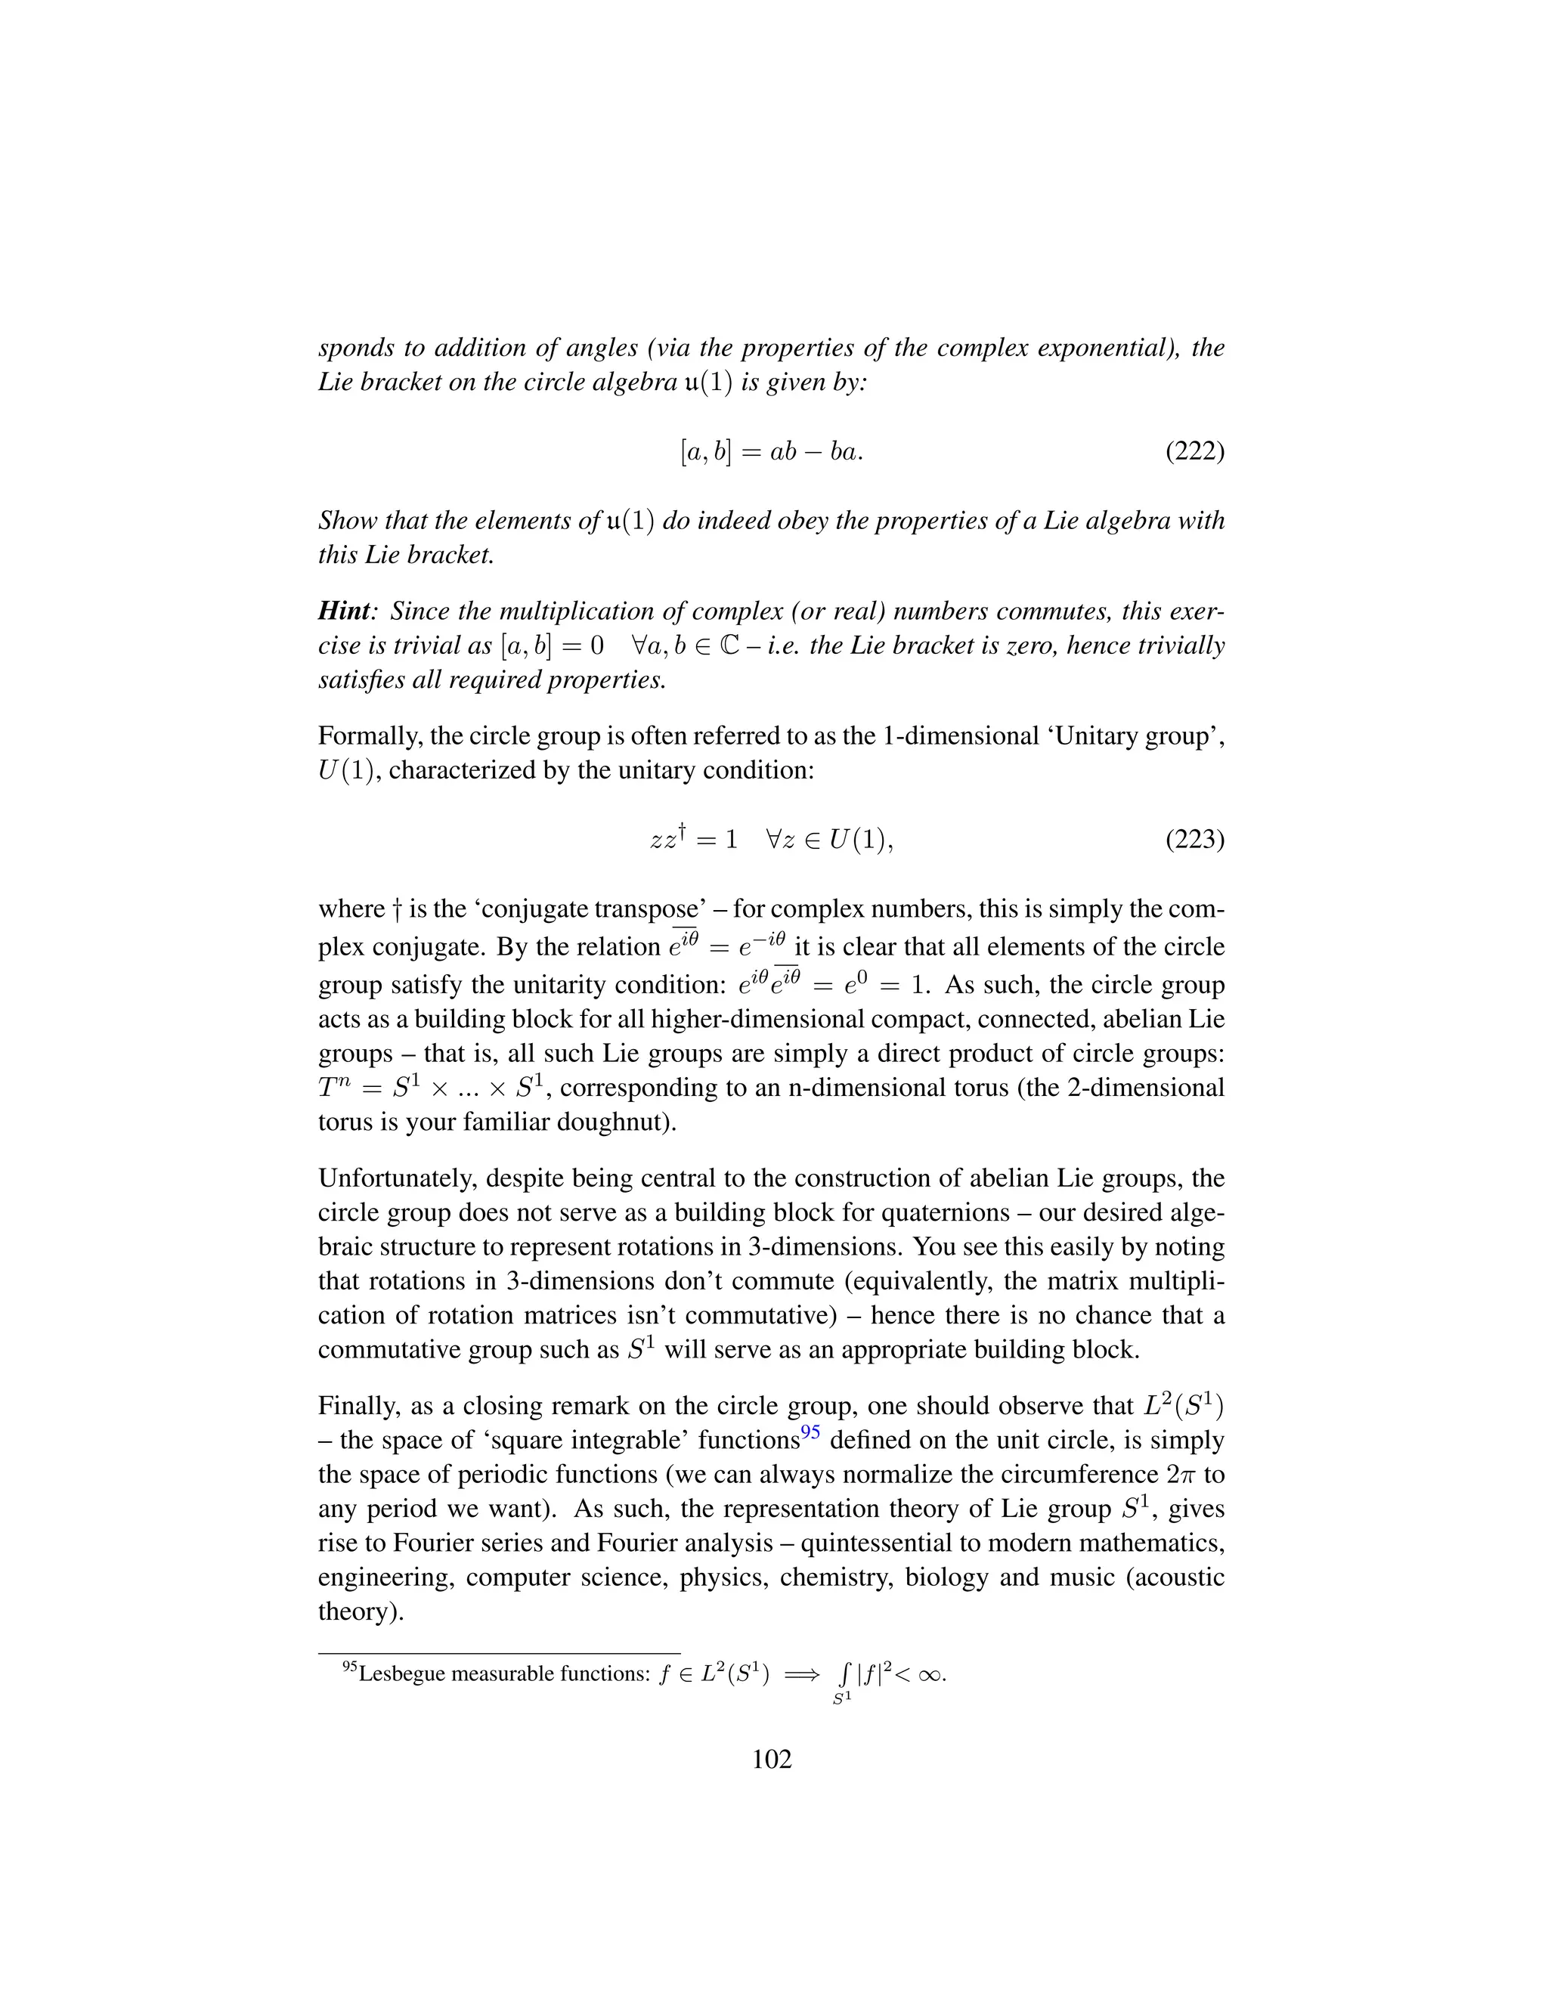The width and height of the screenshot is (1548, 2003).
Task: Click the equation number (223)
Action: tap(1194, 839)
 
